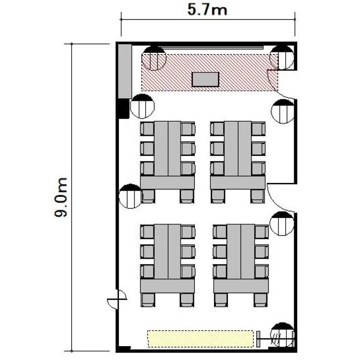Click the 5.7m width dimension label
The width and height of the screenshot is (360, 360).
207,10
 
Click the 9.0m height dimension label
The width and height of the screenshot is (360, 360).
60,197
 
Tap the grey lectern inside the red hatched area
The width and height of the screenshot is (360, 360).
205,79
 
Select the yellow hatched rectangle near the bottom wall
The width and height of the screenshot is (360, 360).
201,339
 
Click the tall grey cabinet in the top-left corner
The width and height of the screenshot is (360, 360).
125,72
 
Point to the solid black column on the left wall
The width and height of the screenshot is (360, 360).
123,108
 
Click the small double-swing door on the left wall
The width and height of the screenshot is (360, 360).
117,299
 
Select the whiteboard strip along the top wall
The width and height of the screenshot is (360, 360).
211,48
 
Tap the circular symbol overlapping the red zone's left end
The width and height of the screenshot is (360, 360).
154,58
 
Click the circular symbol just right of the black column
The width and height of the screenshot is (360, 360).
142,106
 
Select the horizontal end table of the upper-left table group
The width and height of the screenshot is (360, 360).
168,183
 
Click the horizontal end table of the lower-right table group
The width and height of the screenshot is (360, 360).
241,286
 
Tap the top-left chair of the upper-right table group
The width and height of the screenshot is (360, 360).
217,129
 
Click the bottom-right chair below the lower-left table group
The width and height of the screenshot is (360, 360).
187,300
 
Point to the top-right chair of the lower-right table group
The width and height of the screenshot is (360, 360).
262,232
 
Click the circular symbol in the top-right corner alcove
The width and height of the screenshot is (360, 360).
282,58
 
